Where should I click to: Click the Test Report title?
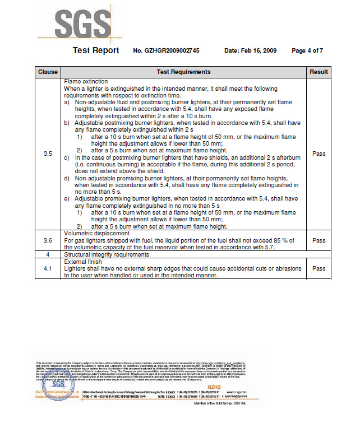tap(96, 50)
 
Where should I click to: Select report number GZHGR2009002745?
tap(166, 51)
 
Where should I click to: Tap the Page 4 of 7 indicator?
tap(307, 51)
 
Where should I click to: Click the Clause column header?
tap(48, 72)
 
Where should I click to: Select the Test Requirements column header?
tap(183, 72)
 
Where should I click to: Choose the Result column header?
tap(319, 72)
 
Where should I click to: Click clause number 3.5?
tap(48, 154)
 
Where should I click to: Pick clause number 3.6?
tap(48, 240)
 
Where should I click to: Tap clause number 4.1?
tap(48, 268)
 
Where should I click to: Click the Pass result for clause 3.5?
tap(319, 154)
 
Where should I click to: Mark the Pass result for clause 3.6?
tap(319, 240)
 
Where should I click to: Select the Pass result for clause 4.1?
tap(319, 268)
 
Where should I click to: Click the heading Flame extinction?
tap(86, 82)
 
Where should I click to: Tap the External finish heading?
tap(83, 262)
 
